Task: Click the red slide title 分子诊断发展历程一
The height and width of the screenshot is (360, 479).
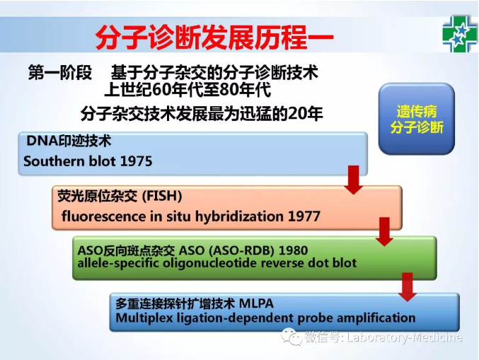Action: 214,38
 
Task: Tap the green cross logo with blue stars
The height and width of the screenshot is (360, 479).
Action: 459,34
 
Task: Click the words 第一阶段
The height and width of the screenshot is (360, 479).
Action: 60,73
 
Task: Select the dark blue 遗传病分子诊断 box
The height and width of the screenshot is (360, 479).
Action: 417,119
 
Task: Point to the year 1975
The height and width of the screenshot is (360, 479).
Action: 136,161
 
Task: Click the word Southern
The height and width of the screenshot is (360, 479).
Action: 54,161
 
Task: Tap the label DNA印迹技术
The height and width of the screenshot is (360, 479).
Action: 69,141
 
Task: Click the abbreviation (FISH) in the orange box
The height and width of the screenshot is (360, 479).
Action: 162,196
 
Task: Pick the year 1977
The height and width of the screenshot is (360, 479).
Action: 304,216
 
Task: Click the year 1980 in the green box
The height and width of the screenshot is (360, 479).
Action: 293,250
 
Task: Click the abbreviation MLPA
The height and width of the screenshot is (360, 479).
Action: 256,303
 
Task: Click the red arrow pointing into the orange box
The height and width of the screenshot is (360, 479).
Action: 354,180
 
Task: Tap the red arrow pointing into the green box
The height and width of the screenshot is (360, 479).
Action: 384,232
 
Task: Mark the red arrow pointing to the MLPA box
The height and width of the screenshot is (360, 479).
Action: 408,287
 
